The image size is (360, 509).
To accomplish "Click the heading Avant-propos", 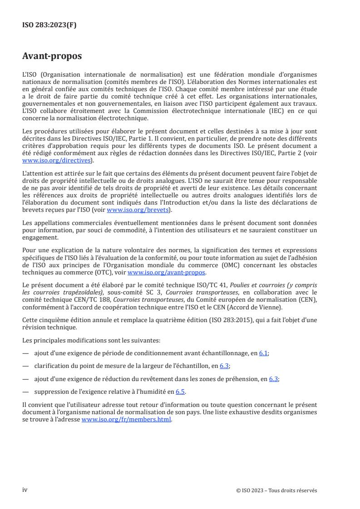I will click(x=52, y=56).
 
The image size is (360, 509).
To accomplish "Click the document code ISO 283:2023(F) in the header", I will click(x=49, y=25).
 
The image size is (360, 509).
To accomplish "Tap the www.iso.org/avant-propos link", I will click(x=167, y=272).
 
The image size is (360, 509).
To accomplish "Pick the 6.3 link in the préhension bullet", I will click(x=274, y=379).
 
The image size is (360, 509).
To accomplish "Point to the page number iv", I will click(x=25, y=490).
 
